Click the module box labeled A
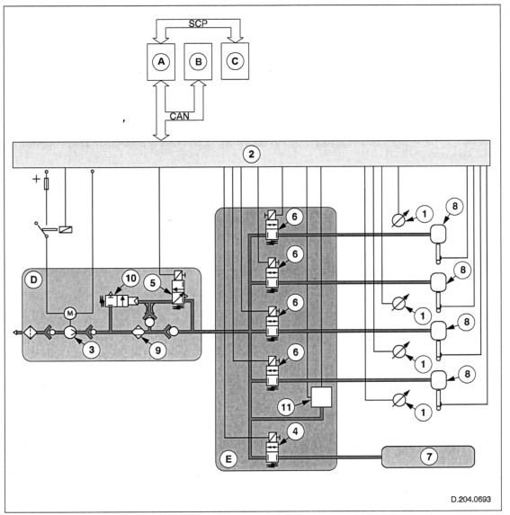(x=161, y=62)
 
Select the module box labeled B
(x=198, y=62)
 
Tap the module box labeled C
(x=235, y=61)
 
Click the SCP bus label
(x=198, y=23)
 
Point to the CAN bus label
(x=179, y=116)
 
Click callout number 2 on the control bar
(x=251, y=154)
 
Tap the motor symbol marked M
(x=70, y=314)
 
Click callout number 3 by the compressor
(x=92, y=350)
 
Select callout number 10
(x=130, y=279)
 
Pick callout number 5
(x=152, y=283)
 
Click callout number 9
(x=158, y=351)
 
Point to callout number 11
(x=286, y=407)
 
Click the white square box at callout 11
(x=321, y=396)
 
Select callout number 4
(x=295, y=431)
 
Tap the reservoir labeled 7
(x=428, y=457)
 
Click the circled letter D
(x=34, y=280)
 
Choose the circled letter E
(x=228, y=459)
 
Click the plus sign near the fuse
(x=36, y=179)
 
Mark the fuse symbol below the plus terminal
(x=47, y=183)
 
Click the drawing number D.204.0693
(x=470, y=499)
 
